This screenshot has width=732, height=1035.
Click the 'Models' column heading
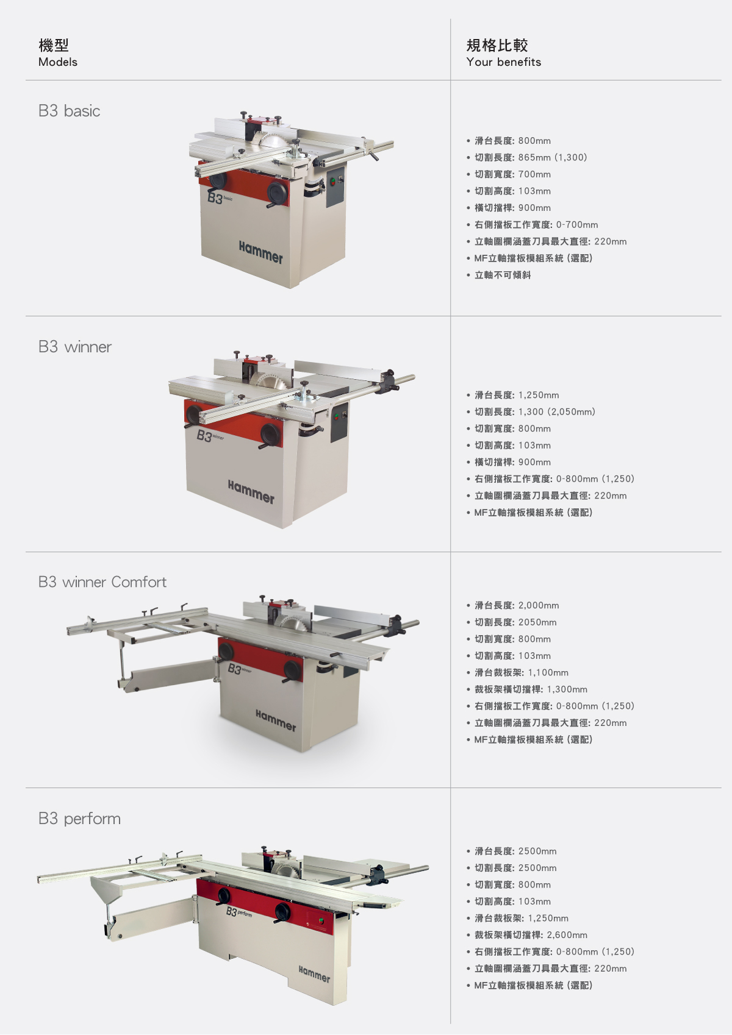(58, 62)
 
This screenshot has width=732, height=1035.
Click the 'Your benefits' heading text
(503, 62)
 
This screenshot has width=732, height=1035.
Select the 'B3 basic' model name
(69, 111)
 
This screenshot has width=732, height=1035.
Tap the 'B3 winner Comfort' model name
(102, 582)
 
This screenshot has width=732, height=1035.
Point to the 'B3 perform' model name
(79, 818)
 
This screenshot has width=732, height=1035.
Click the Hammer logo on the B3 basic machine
(261, 252)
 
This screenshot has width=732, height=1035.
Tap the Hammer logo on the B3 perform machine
(314, 973)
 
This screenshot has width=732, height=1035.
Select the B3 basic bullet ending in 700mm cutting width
(512, 174)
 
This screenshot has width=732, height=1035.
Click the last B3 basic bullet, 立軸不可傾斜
(503, 275)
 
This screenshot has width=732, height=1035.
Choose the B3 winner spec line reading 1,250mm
(517, 395)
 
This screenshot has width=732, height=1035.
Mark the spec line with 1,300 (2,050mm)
(534, 412)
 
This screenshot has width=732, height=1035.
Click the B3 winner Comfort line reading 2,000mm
(517, 605)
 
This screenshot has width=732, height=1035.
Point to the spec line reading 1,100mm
(521, 673)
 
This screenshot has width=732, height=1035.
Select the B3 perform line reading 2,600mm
(531, 935)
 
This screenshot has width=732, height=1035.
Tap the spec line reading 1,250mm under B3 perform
(521, 918)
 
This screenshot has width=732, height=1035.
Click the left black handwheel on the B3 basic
(218, 180)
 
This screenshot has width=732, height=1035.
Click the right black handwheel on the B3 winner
(270, 434)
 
